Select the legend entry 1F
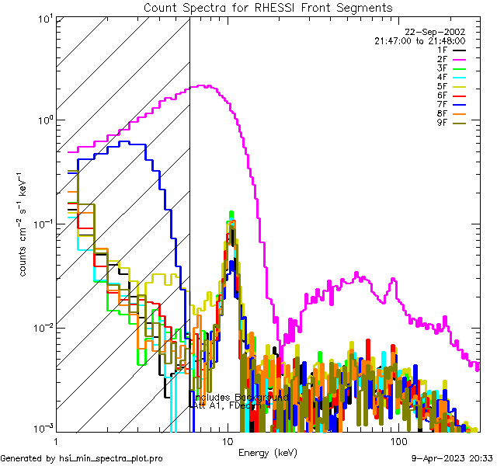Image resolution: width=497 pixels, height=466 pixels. point(449,50)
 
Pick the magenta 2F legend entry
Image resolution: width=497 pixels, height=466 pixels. point(449,59)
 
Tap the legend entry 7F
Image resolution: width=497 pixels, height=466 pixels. point(449,105)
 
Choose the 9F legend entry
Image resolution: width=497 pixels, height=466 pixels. point(449,123)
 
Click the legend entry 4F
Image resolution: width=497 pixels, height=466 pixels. point(449,78)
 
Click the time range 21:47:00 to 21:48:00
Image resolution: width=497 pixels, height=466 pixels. point(419,40)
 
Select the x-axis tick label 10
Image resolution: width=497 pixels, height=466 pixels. point(228,441)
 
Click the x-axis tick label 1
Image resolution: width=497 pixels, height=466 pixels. point(56,441)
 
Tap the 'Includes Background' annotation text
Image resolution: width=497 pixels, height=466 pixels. point(242,397)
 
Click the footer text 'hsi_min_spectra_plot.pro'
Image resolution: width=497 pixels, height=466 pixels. point(111,458)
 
